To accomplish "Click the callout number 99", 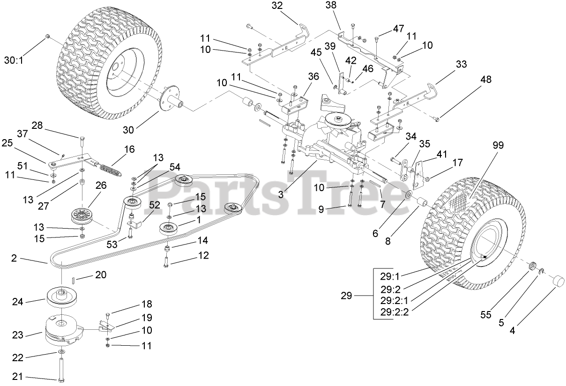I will (498, 146).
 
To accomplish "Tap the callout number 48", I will (486, 80).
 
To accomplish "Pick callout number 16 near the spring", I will (129, 149).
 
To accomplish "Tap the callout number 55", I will (486, 315).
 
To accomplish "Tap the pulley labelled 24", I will (63, 296).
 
